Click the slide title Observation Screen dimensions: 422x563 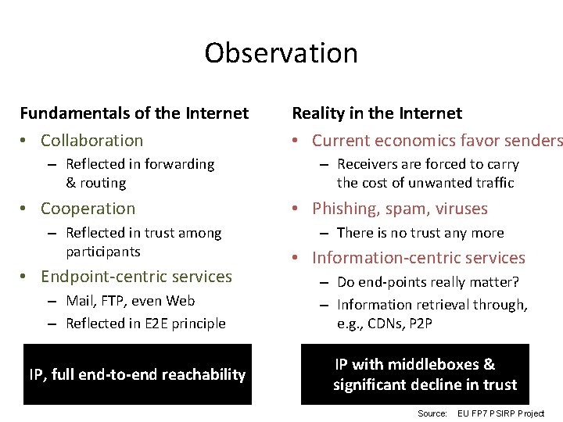click(281, 53)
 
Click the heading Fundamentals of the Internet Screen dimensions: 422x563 click(134, 113)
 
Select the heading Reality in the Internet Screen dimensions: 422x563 click(377, 113)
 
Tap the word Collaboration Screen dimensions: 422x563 click(91, 141)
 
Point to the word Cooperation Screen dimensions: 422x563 click(88, 209)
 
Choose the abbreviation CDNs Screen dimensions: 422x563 click(388, 324)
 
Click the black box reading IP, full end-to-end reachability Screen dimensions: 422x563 click(138, 374)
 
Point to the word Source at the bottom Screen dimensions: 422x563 click(432, 413)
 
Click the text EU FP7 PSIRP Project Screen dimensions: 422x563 click(500, 413)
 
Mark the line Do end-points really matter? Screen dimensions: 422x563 click(428, 282)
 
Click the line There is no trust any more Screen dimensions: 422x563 click(420, 233)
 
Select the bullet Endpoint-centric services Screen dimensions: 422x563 click(136, 277)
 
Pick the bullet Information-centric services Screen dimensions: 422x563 click(418, 258)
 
